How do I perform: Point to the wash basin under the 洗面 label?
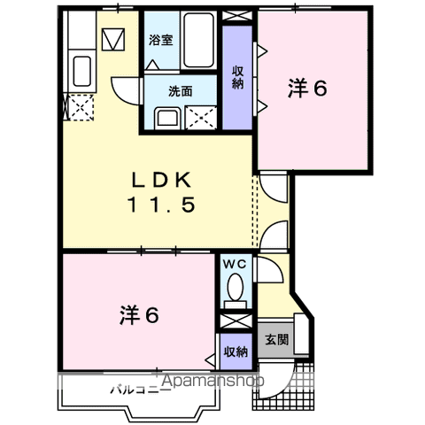click(x=166, y=117)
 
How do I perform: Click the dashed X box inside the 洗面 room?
click(x=202, y=117)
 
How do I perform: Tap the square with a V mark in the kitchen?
click(x=114, y=41)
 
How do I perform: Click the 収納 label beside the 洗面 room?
click(x=238, y=77)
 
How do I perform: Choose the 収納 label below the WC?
click(x=236, y=352)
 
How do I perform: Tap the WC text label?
click(x=236, y=263)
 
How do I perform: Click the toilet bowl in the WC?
click(x=236, y=287)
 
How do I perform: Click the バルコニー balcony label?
click(x=141, y=389)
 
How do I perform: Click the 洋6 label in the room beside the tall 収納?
click(x=307, y=89)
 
